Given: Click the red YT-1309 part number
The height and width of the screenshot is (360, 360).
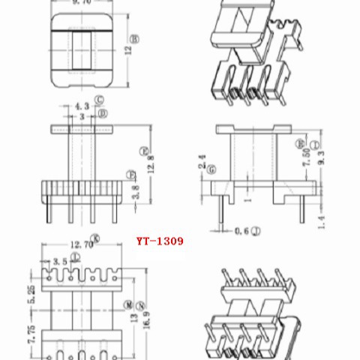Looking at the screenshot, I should [159, 242].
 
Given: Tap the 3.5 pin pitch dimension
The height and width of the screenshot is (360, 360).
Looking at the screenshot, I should [57, 260].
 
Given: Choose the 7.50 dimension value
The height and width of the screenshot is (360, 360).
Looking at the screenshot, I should [305, 160].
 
